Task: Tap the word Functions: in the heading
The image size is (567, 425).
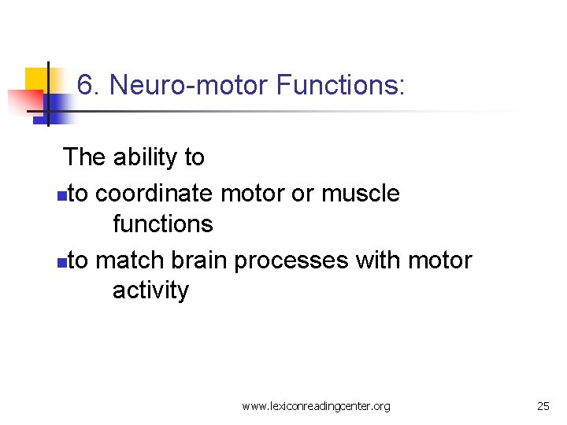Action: [x=340, y=85]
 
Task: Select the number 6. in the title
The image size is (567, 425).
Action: [x=89, y=85]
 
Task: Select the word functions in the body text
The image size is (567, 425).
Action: [x=162, y=224]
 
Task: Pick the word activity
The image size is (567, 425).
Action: [x=150, y=290]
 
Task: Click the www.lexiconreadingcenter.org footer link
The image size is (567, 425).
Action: [x=316, y=406]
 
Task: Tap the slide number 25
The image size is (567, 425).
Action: [x=543, y=406]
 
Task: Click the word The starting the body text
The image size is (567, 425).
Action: [x=84, y=157]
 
